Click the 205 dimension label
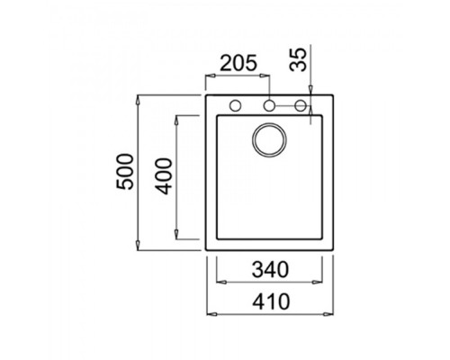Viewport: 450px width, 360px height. pos(238,63)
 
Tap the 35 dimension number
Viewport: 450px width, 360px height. pos(299,59)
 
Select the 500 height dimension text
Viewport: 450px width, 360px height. pos(124,171)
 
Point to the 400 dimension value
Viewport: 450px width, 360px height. pos(164,176)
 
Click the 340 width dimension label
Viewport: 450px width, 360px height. pos(270,269)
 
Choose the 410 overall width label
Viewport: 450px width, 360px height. pos(271,301)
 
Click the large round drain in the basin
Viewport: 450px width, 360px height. pos(269,139)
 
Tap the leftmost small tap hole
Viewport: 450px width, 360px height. pos(235,105)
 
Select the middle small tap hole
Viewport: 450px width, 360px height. pos(269,105)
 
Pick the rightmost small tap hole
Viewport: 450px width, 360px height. pos(301,105)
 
